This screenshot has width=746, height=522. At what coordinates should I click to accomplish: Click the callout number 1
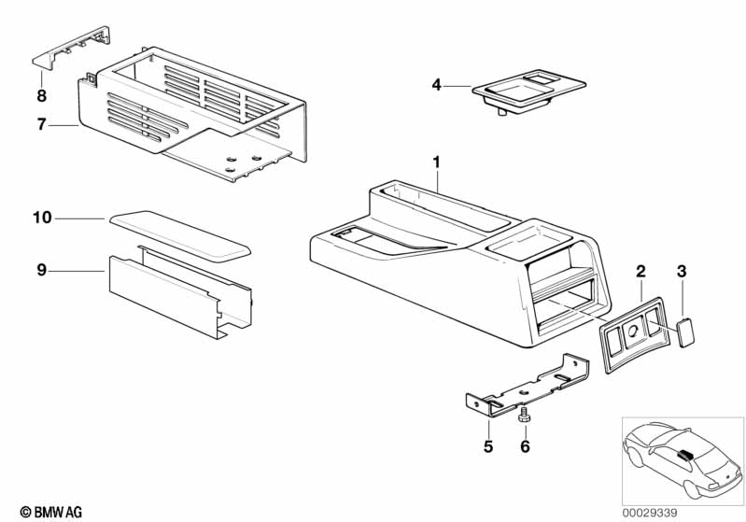[x=436, y=162]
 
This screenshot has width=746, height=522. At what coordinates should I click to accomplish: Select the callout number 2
[x=640, y=272]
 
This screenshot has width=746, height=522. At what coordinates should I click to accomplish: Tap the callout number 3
[x=682, y=272]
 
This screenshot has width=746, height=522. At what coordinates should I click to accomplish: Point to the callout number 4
[x=436, y=85]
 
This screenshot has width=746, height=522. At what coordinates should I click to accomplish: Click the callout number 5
[x=488, y=446]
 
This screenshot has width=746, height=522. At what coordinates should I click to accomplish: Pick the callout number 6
[x=525, y=446]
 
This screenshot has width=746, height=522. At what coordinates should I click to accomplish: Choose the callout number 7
[x=42, y=125]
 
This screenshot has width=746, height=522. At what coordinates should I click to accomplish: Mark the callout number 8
[x=42, y=95]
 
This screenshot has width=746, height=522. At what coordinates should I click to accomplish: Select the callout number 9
[x=42, y=270]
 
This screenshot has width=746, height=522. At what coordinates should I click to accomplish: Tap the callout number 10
[x=42, y=218]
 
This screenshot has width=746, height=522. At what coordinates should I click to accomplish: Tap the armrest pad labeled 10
[x=180, y=235]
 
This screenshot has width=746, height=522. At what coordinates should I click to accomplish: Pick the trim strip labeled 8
[x=71, y=47]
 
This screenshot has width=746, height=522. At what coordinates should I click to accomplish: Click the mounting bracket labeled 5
[x=528, y=386]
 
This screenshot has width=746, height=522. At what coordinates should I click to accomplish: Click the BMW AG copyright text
[x=51, y=513]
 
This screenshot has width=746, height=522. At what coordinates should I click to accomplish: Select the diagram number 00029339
[x=650, y=513]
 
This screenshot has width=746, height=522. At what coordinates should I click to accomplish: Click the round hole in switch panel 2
[x=633, y=331]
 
